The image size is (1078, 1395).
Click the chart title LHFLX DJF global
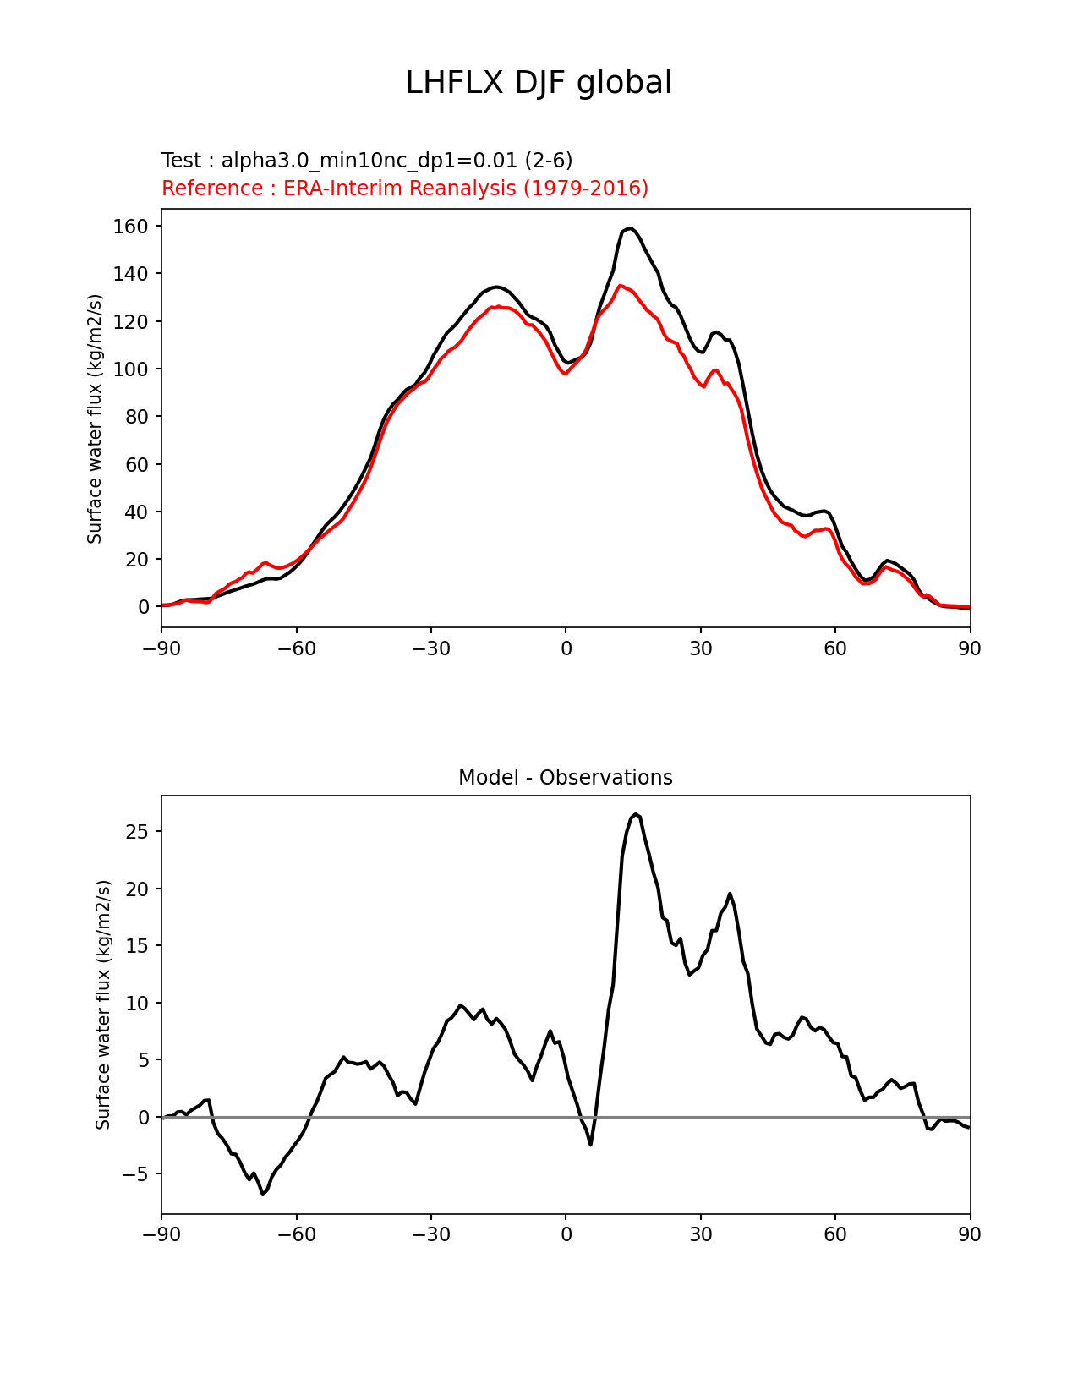[539, 83]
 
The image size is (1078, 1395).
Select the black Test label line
[367, 161]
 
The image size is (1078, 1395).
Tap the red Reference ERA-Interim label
[405, 189]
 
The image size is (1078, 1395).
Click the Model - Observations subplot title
[565, 778]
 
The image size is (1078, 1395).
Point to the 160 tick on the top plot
[131, 226]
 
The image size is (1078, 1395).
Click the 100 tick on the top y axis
[131, 369]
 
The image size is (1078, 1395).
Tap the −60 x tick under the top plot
[296, 648]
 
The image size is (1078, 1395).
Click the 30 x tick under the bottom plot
[700, 1234]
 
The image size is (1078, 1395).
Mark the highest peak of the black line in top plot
[631, 228]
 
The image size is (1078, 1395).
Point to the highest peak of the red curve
[621, 286]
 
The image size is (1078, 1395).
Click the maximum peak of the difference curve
[636, 814]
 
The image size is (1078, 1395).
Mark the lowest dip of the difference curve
[263, 1194]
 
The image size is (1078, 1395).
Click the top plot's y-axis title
[95, 418]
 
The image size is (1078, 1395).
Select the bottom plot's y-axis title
[103, 1004]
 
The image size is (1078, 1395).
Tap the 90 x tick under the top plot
[970, 648]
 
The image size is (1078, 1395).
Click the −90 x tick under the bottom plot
[161, 1234]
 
